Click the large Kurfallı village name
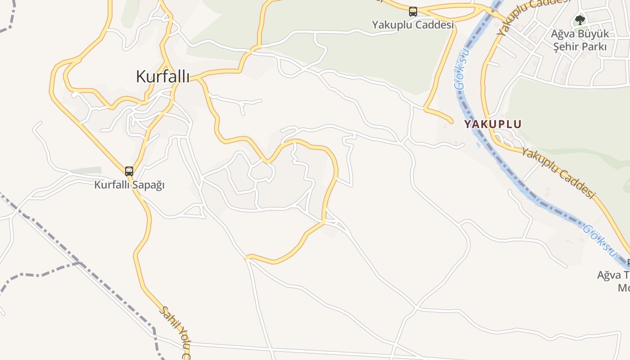162,77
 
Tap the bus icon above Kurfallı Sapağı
129,171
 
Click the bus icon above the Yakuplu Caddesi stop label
413,12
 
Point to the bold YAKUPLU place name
493,124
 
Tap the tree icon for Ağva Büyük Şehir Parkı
580,20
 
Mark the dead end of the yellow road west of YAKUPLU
451,121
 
